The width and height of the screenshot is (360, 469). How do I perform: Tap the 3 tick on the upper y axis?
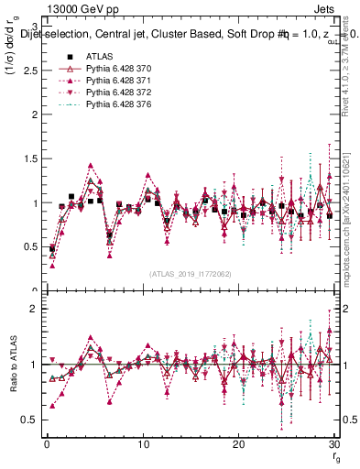pyautogui.click(x=34, y=27)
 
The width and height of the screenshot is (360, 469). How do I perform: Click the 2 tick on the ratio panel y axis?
pyautogui.click(x=34, y=309)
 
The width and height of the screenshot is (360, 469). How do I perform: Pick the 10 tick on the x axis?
pyautogui.click(x=142, y=443)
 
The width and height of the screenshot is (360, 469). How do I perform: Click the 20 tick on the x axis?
pyautogui.click(x=238, y=443)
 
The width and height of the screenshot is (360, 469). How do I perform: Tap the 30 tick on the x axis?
pyautogui.click(x=333, y=443)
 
